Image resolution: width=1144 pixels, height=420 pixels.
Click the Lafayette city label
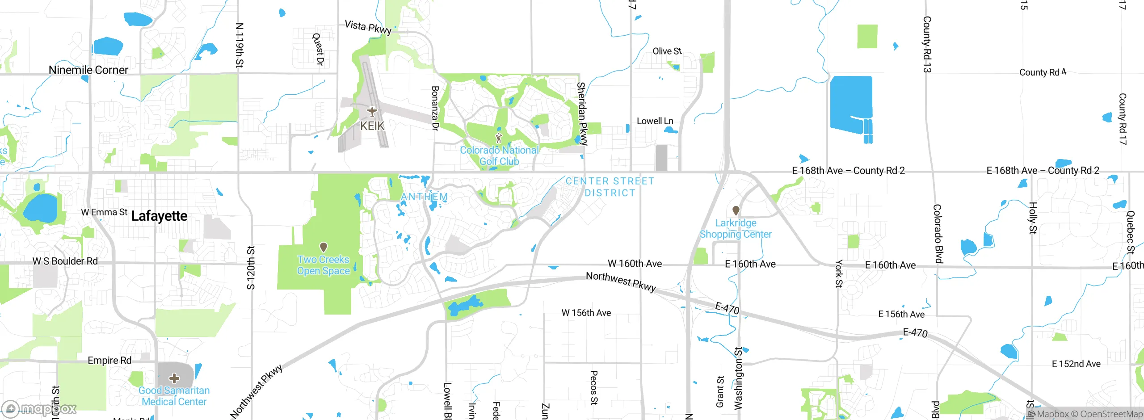tap(159, 216)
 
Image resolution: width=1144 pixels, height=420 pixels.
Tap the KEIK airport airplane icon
tap(372, 111)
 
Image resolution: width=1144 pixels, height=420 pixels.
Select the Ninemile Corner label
tap(88, 70)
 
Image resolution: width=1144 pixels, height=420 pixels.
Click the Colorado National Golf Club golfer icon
tap(499, 138)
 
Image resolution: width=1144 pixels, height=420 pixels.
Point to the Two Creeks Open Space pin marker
tap(324, 247)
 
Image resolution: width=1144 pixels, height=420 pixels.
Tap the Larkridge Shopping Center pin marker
tap(736, 210)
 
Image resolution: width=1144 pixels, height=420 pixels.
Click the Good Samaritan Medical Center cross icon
tap(174, 378)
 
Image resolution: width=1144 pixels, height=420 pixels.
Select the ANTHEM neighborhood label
tap(424, 197)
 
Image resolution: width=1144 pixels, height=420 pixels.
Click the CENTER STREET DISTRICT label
tap(610, 187)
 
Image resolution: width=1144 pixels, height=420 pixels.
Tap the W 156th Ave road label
tap(586, 313)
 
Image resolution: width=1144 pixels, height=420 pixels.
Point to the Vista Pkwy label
tap(368, 27)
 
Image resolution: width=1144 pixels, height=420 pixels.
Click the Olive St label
tap(667, 51)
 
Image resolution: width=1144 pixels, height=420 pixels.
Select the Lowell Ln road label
tap(655, 121)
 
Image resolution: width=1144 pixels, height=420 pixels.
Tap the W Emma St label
tap(104, 212)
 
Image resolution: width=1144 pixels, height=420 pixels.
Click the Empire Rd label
tap(109, 361)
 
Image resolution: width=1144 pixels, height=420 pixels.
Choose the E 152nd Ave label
tap(1076, 364)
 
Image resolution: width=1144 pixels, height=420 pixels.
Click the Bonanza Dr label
tap(435, 108)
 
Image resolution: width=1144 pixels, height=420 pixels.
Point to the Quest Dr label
tap(318, 49)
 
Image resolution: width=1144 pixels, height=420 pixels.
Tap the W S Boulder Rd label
tap(65, 261)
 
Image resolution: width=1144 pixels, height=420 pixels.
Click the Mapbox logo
tap(39, 408)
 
